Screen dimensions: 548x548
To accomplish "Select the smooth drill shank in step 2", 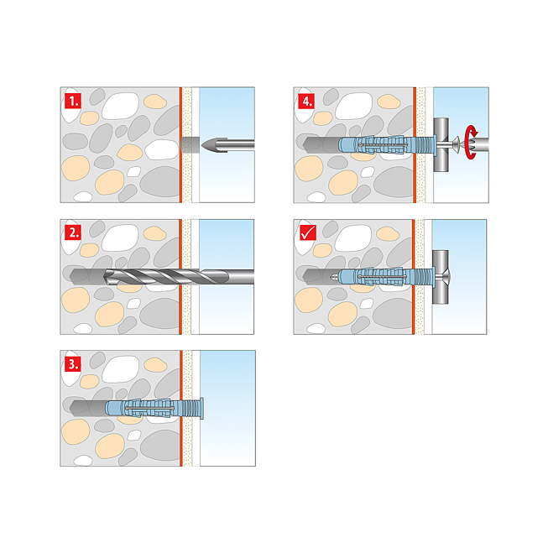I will pyautogui.click(x=230, y=276).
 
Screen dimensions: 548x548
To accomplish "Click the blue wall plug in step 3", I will pyautogui.click(x=147, y=408).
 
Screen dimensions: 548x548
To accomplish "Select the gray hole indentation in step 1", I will pyautogui.click(x=189, y=144).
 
